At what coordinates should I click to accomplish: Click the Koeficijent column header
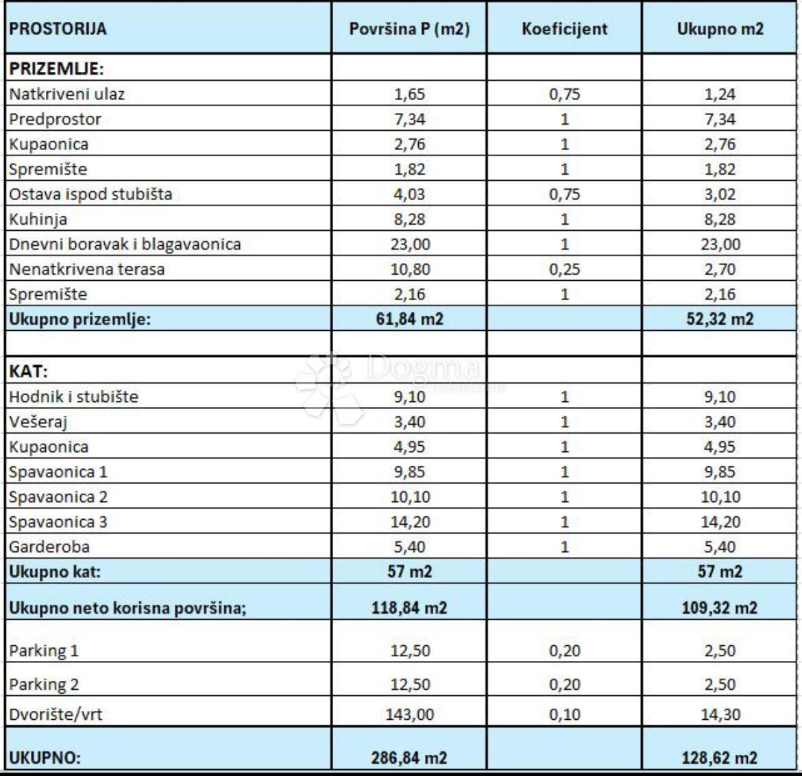point(564,29)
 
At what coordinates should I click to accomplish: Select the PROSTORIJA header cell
point(58,29)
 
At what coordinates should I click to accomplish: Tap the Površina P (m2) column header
point(409,29)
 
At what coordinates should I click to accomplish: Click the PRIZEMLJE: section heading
point(56,68)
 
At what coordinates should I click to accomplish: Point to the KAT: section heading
point(28,372)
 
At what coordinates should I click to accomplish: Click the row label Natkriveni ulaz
point(67,94)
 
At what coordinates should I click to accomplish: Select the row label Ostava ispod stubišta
point(90,194)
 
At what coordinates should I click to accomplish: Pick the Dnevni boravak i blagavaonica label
point(125,244)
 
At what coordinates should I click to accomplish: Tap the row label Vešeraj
point(38,422)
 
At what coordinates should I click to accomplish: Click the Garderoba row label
point(49,547)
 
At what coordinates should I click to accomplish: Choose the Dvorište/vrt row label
point(56,714)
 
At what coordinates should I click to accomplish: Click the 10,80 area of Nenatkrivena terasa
point(410,269)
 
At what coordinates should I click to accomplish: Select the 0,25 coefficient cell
point(564,269)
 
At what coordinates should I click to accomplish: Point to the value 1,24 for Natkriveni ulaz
point(720,94)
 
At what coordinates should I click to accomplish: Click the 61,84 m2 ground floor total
point(410,319)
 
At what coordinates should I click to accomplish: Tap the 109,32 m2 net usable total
point(720,608)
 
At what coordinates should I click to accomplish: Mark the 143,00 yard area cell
point(410,714)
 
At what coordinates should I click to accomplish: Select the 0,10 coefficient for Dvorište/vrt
point(564,714)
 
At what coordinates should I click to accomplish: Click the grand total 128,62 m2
point(720,758)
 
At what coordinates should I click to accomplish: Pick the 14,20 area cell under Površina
point(410,522)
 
